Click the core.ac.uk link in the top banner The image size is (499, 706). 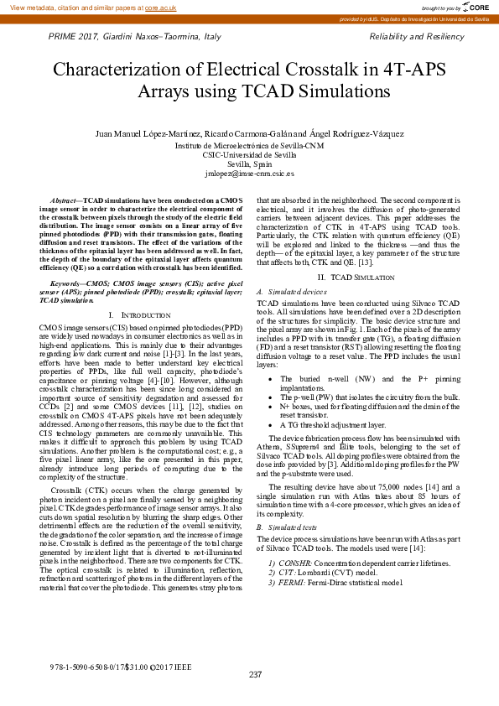pos(159,7)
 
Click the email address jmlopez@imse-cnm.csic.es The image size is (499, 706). pos(249,174)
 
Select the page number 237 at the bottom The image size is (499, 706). pos(256,674)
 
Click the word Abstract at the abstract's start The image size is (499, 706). pos(65,202)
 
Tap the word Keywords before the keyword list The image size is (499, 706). pos(68,261)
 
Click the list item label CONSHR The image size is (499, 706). pos(294,562)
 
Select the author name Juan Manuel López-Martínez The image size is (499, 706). pos(148,133)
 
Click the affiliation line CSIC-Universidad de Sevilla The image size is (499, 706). pos(249,155)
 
